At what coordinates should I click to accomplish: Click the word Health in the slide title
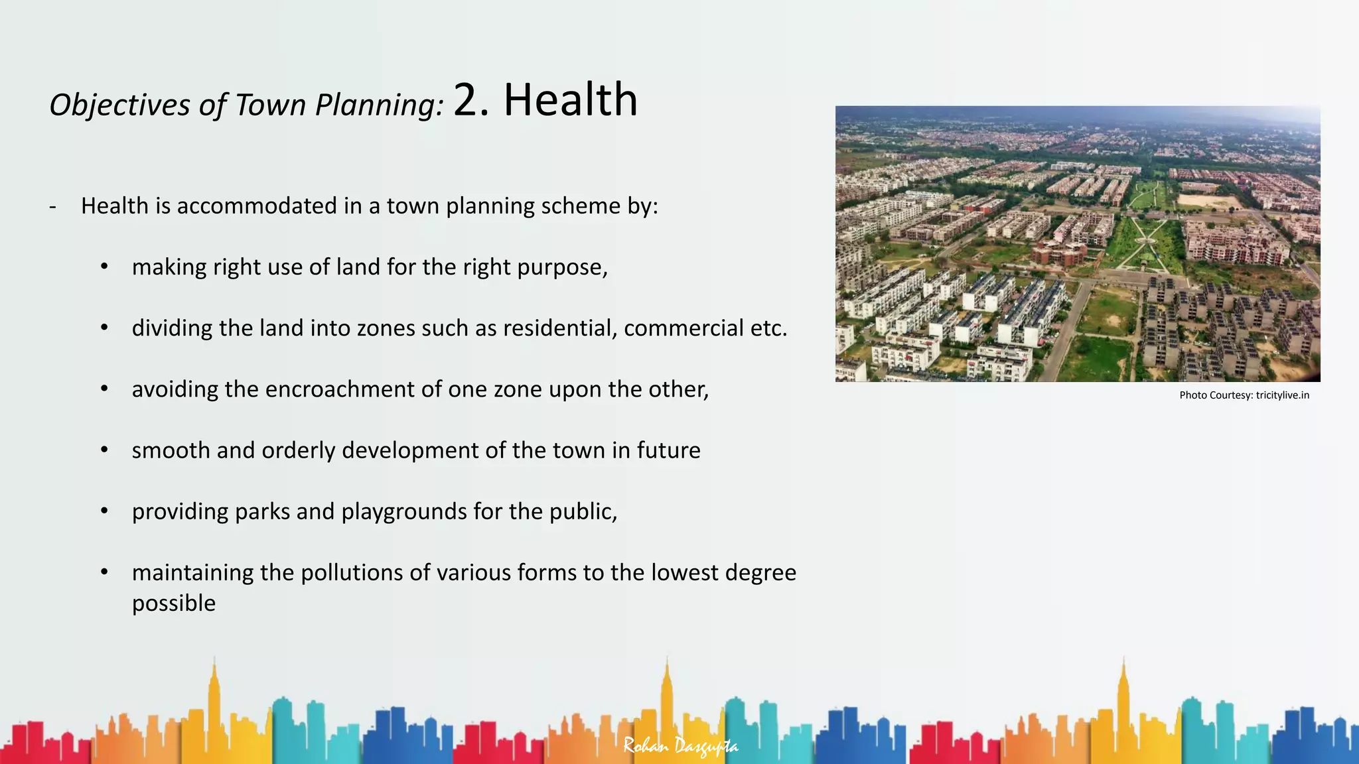[570, 100]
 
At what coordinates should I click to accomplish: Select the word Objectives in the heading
[119, 105]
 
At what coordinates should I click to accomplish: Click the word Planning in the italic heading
[379, 105]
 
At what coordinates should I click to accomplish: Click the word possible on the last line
[174, 604]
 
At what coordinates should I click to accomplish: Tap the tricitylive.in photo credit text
[1282, 395]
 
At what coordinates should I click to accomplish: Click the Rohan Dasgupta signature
[680, 746]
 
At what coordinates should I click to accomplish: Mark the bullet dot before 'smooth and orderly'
[104, 450]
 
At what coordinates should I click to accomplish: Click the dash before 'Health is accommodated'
[53, 206]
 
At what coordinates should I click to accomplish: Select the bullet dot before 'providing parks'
[104, 511]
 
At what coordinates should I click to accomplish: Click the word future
[668, 450]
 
